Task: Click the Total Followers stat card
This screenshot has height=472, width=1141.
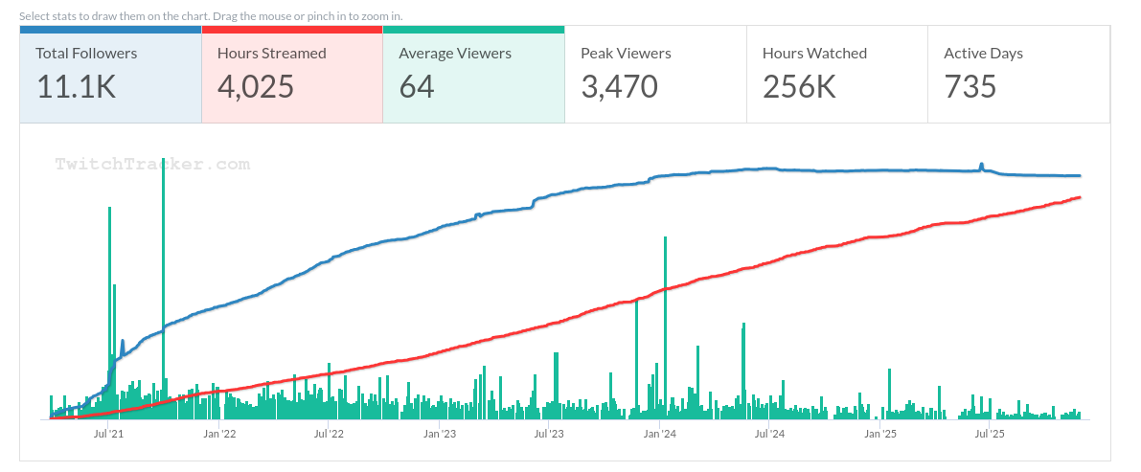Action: pyautogui.click(x=110, y=75)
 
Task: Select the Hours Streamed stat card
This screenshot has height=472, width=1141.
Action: pyautogui.click(x=292, y=75)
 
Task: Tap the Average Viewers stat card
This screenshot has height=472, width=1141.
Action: pyautogui.click(x=473, y=75)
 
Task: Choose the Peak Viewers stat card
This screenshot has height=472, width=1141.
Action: pyautogui.click(x=655, y=75)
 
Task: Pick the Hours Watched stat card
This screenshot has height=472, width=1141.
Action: pyautogui.click(x=836, y=75)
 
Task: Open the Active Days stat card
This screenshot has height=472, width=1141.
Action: pyautogui.click(x=1018, y=75)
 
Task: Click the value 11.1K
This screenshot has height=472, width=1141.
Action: pyautogui.click(x=77, y=87)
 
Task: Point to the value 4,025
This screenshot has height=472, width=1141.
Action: pyautogui.click(x=256, y=87)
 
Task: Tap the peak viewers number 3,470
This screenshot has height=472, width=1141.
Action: pyautogui.click(x=619, y=87)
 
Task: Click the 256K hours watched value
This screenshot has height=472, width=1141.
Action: pyautogui.click(x=799, y=87)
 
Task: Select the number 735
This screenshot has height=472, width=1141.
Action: pyautogui.click(x=970, y=87)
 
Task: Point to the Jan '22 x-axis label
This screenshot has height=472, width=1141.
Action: pyautogui.click(x=219, y=434)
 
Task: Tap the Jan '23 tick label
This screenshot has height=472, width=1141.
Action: pyautogui.click(x=440, y=434)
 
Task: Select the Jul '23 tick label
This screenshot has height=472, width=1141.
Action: pyautogui.click(x=549, y=434)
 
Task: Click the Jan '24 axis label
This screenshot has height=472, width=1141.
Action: pyautogui.click(x=660, y=434)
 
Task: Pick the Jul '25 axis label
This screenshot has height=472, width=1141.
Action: pyautogui.click(x=989, y=434)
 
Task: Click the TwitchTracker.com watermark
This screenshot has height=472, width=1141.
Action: pyautogui.click(x=152, y=165)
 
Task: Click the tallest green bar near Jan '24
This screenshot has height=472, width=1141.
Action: pyautogui.click(x=665, y=326)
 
